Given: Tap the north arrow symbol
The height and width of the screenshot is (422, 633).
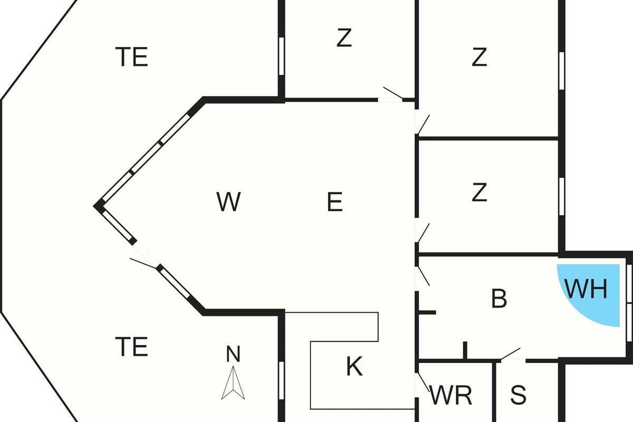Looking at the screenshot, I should [233, 384].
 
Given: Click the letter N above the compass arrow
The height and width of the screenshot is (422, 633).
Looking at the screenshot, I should [233, 354].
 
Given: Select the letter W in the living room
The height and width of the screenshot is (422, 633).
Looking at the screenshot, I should [228, 202].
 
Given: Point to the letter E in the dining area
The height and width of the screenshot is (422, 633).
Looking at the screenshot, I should [335, 202].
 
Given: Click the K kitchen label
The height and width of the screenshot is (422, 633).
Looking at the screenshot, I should [354, 367].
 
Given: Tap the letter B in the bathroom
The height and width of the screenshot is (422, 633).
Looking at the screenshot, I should [499, 299].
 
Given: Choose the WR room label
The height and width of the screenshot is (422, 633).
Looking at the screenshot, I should [451, 396].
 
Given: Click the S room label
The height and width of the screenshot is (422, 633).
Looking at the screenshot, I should [519, 395].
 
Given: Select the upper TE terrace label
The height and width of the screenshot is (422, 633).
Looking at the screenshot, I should [132, 57].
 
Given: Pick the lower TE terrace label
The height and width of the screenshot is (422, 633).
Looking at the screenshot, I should [132, 347].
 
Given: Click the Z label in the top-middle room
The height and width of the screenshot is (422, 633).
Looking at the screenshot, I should [344, 38].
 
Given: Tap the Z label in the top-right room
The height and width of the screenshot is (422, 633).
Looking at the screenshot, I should [479, 57].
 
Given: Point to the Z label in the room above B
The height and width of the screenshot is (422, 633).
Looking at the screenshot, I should [479, 193].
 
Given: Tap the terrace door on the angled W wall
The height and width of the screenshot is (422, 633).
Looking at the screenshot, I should [143, 262].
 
